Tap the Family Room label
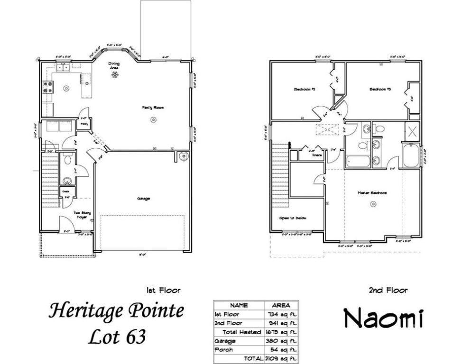tap(153, 108)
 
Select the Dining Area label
tap(114, 65)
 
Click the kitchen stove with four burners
tap(48, 87)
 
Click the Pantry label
tap(84, 124)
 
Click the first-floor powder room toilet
tap(67, 160)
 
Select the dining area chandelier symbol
tap(114, 74)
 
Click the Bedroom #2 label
tap(302, 89)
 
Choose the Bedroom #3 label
tap(379, 89)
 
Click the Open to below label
tap(293, 218)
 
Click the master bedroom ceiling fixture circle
tap(373, 204)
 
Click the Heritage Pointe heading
tap(116, 311)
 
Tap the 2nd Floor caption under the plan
tap(388, 291)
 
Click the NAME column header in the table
tap(238, 305)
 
